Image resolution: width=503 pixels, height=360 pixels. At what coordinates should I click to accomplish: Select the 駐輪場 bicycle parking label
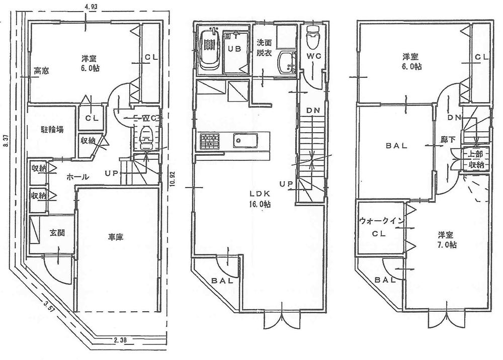[52, 129]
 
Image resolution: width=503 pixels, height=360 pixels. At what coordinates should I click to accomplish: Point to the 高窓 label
[41, 71]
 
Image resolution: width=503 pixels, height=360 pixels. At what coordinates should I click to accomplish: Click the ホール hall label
[78, 177]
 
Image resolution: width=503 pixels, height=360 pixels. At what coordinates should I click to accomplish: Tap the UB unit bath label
[234, 49]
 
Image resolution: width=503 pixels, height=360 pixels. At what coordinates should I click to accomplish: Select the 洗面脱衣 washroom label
[264, 47]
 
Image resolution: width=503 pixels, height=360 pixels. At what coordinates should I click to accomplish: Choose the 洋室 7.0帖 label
[447, 240]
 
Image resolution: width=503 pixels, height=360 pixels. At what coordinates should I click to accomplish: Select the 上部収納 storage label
[476, 159]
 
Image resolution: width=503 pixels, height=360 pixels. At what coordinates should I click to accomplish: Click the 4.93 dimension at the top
[92, 7]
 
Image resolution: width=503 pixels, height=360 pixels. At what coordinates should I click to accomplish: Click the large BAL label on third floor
[396, 146]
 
